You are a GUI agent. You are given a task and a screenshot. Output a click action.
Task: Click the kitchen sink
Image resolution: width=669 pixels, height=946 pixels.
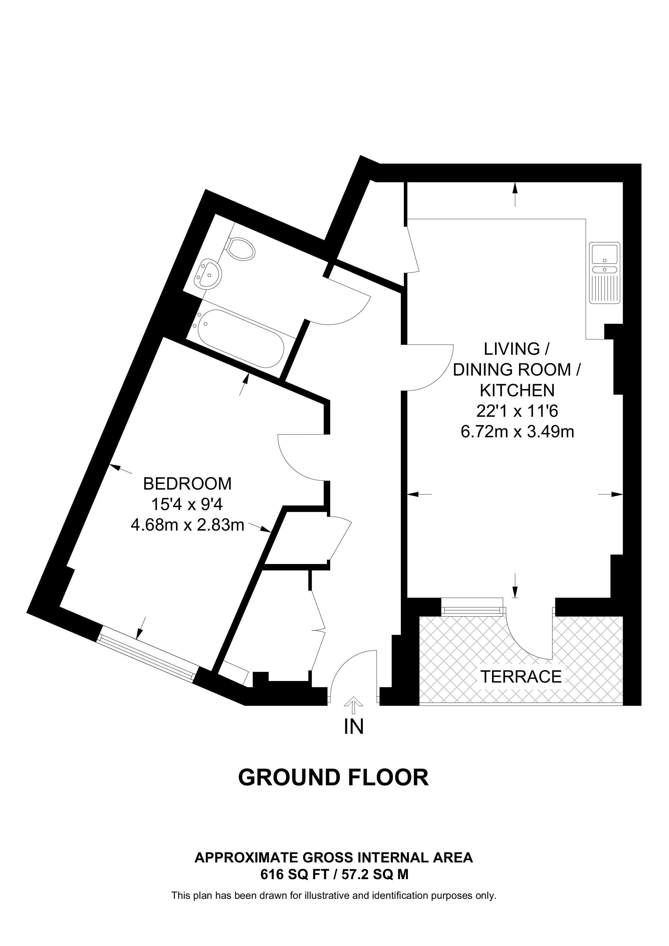pos(605,273)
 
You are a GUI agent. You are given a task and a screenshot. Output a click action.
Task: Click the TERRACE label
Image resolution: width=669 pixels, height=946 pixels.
pos(521,676)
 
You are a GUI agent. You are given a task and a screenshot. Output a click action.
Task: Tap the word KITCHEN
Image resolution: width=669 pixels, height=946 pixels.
pos(518,390)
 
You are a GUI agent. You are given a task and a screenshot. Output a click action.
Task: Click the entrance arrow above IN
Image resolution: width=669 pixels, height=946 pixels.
pos(354,704)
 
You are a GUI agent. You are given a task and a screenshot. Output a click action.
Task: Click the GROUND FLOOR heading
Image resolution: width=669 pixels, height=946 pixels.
pos(334,777)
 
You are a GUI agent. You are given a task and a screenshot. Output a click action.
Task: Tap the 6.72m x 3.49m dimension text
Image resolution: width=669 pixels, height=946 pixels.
pos(517,432)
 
